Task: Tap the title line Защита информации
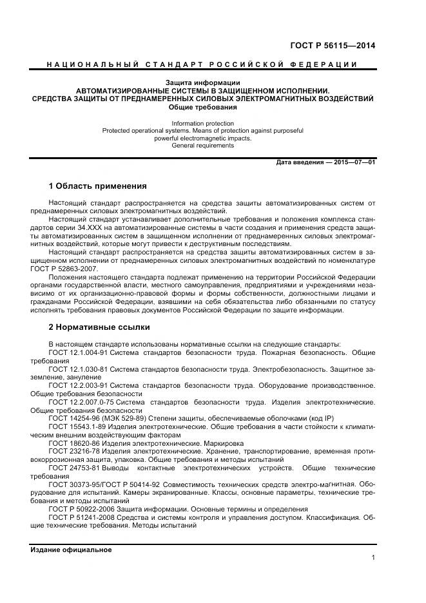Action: click(x=203, y=82)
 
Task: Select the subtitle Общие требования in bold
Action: click(x=203, y=108)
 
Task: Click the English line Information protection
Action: click(x=203, y=123)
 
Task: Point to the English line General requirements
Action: click(x=203, y=146)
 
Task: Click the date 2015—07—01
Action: click(x=352, y=162)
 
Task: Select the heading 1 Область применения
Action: click(x=97, y=186)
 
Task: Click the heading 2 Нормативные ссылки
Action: click(x=99, y=327)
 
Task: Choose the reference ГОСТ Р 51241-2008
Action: click(x=80, y=518)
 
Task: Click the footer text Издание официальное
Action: click(x=72, y=550)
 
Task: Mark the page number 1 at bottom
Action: click(x=373, y=558)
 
